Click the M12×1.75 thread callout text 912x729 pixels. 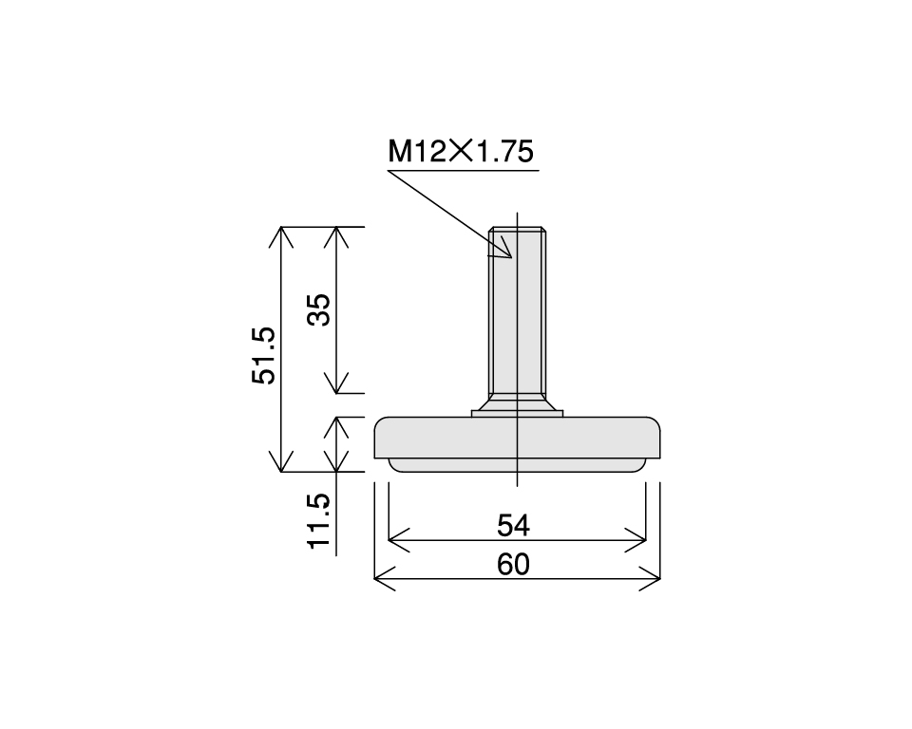tap(461, 152)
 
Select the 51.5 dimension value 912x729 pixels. tap(264, 355)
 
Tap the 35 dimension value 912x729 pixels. tap(320, 309)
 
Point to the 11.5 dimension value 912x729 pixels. tap(320, 520)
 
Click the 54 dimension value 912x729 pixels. tap(514, 525)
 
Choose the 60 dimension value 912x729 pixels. tap(514, 565)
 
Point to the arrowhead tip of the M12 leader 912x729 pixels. tap(510, 258)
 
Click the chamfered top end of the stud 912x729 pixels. tap(517, 229)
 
